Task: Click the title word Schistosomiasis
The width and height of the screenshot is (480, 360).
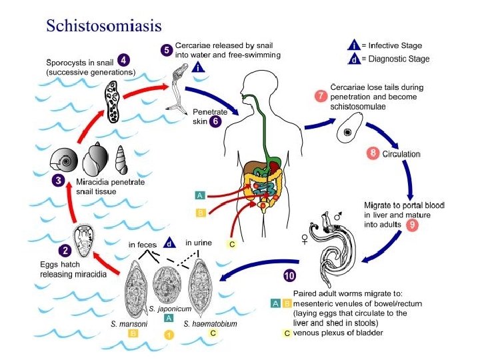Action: click(103, 25)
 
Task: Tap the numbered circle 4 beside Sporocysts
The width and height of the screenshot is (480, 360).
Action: click(125, 59)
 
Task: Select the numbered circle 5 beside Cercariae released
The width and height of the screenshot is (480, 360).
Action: click(167, 49)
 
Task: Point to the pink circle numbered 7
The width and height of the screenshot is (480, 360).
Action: click(321, 95)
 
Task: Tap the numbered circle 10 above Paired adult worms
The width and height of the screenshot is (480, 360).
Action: click(289, 275)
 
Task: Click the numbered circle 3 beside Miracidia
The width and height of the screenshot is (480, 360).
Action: click(59, 180)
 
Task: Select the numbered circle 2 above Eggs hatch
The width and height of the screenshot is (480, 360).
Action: click(65, 251)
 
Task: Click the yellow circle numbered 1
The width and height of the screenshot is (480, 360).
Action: click(169, 335)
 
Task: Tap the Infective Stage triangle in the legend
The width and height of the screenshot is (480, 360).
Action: click(355, 45)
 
